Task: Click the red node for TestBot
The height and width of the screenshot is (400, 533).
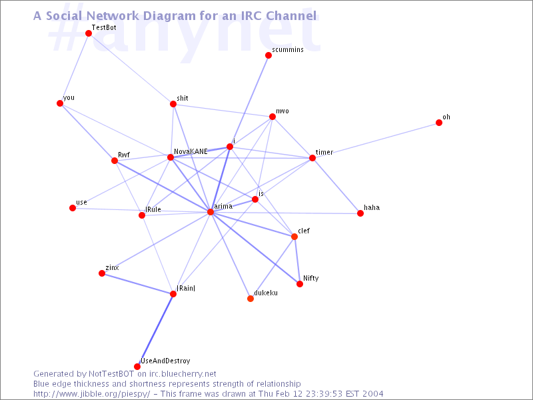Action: pos(89,33)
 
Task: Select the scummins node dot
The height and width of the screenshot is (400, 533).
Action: pos(268,55)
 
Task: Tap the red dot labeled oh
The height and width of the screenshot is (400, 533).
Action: pos(439,123)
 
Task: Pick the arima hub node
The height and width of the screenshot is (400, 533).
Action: pos(211,212)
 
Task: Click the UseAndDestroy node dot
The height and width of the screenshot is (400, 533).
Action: pos(137,367)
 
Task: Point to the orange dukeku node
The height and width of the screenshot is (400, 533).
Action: pos(251,299)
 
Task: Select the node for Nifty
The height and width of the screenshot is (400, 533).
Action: pos(299,284)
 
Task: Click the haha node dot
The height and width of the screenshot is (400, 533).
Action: pos(360,213)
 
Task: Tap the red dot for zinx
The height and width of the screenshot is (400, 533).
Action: pos(102,273)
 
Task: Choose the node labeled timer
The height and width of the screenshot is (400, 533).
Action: pos(312,158)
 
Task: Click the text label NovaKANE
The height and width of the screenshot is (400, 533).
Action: pos(191,152)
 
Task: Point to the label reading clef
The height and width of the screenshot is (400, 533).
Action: pos(304,231)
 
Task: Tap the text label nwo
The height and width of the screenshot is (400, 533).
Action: pos(282,111)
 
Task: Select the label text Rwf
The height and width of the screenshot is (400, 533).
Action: pos(124,155)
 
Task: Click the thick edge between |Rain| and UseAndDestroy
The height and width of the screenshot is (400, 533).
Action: pos(155,330)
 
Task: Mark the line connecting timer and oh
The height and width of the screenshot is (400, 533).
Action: pos(376,140)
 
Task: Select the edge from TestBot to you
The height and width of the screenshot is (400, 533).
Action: pos(74,68)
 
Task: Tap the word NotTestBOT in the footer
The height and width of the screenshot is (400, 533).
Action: pos(111,374)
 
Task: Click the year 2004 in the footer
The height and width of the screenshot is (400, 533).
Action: pos(372,394)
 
